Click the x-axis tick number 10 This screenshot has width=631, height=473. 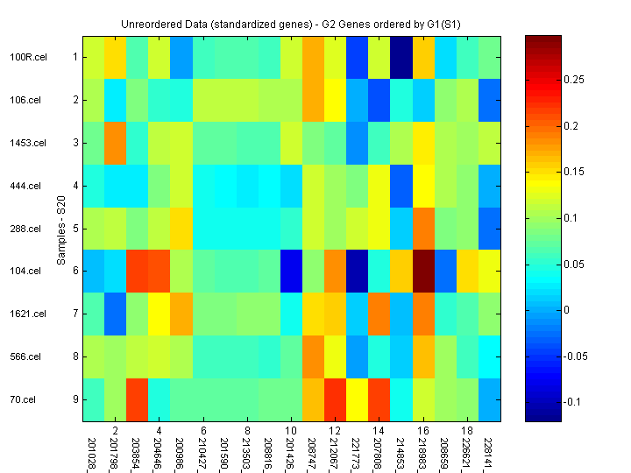[293, 431]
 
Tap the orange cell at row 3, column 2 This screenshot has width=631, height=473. [116, 143]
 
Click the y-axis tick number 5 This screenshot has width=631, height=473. [75, 229]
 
